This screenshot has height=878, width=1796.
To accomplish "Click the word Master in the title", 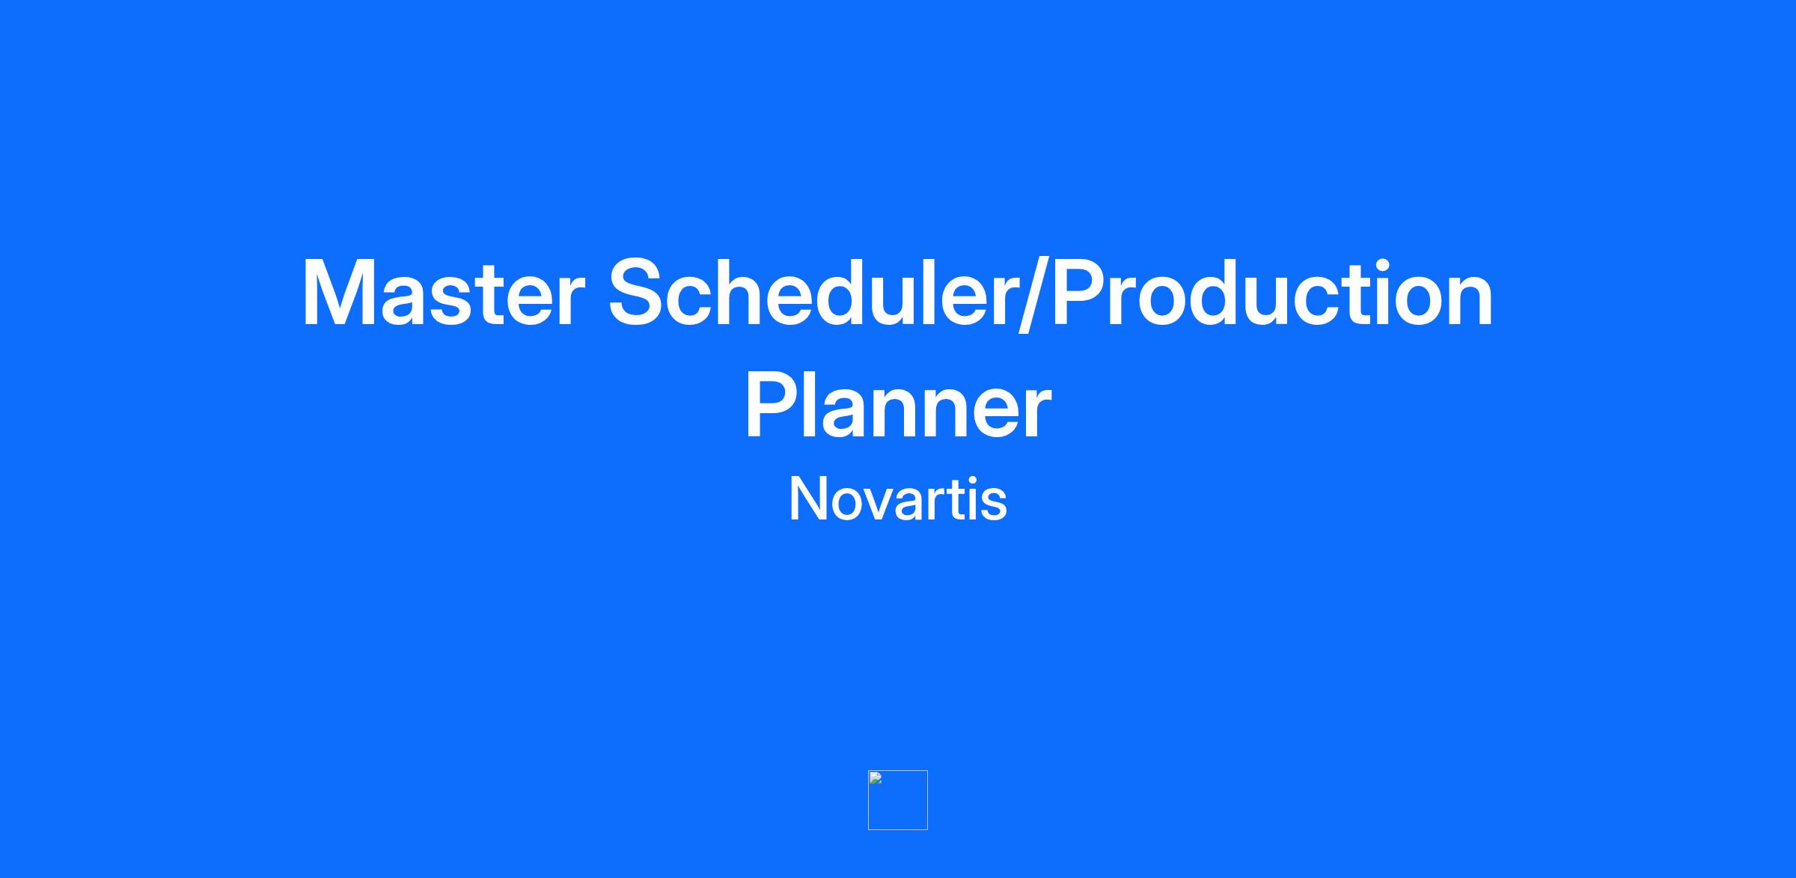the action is tap(442, 293).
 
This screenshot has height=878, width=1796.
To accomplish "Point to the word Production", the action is tap(1273, 293).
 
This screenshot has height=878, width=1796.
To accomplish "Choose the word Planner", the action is tap(897, 406).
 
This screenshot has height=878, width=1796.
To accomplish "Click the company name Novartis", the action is tap(897, 499).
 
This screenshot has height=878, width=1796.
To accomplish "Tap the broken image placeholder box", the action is tap(897, 800).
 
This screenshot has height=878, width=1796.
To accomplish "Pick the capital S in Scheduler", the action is tap(638, 293).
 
